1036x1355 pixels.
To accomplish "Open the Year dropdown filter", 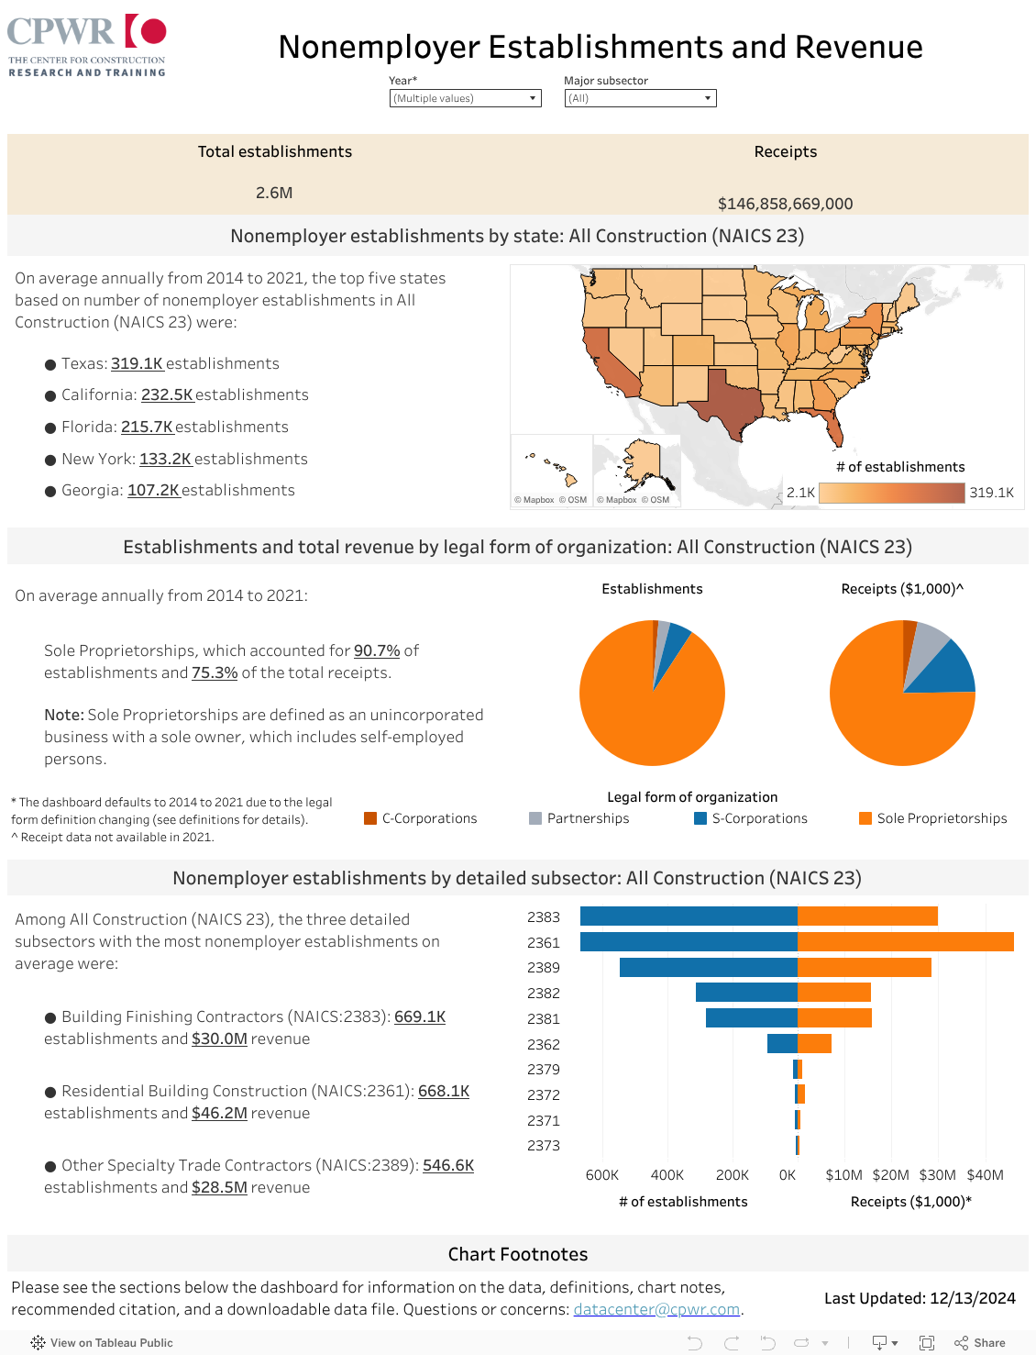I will [x=465, y=98].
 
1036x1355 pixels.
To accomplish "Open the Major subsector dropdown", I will [x=640, y=98].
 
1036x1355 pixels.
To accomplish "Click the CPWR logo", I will [x=87, y=45].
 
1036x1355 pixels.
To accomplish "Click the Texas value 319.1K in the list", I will [x=138, y=363].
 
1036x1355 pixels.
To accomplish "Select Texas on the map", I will [x=729, y=404].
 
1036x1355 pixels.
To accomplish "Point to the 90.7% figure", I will [x=377, y=650].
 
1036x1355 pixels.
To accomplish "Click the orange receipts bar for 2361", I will [x=905, y=942].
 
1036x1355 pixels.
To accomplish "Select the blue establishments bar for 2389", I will [x=708, y=967].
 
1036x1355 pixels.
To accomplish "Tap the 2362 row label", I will [x=544, y=1044].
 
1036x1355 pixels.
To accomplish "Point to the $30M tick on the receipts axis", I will [x=937, y=1175].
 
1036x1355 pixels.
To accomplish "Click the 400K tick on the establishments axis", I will [x=667, y=1175].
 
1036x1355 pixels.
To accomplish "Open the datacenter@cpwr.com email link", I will [x=656, y=1309].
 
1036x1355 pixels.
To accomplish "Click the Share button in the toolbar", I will [x=980, y=1343].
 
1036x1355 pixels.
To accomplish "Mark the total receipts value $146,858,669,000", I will [x=785, y=204].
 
